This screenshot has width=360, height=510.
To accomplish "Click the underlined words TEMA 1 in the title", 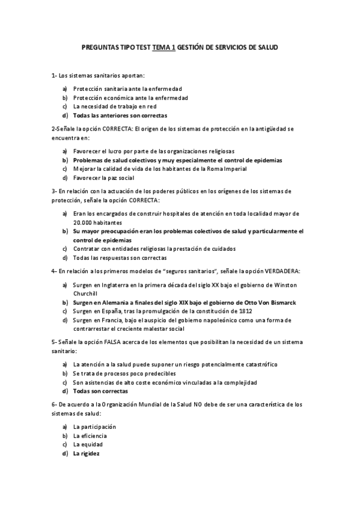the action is pyautogui.click(x=164, y=47).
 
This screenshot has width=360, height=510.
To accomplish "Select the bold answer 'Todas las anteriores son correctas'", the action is pyautogui.click(x=120, y=115).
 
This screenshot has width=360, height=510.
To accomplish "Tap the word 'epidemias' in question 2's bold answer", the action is pyautogui.click(x=266, y=161).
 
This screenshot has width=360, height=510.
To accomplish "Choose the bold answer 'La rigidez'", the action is pyautogui.click(x=87, y=453).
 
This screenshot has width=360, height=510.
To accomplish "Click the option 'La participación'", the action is pyautogui.click(x=94, y=426).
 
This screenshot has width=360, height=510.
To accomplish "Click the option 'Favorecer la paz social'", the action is pyautogui.click(x=103, y=178).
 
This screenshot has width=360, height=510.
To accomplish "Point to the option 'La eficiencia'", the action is pyautogui.click(x=90, y=435).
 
